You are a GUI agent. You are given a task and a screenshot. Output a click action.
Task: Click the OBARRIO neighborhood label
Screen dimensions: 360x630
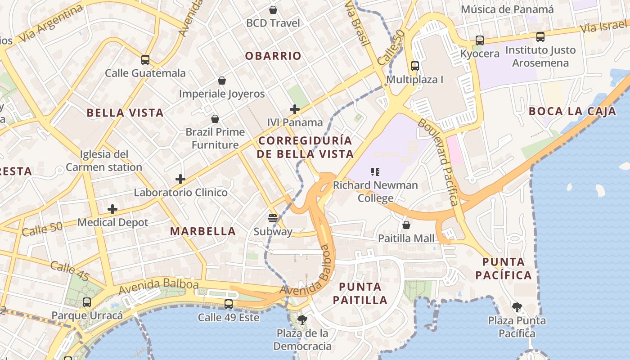(x=273, y=56)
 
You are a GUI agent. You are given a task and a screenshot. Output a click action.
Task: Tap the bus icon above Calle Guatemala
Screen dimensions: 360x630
(x=145, y=60)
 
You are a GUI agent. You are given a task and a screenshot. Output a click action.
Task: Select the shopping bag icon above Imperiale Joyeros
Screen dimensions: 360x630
(x=221, y=81)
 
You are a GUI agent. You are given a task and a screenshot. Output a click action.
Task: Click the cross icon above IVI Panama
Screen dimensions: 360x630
(x=295, y=109)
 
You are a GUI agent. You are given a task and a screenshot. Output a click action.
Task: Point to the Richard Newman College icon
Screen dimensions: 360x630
(x=375, y=171)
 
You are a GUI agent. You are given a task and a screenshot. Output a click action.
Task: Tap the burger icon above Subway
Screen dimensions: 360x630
(x=272, y=218)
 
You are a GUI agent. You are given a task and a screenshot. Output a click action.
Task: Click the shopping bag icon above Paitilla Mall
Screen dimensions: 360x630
(x=406, y=225)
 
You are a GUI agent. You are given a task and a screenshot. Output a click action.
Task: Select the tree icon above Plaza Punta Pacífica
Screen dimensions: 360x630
(x=517, y=307)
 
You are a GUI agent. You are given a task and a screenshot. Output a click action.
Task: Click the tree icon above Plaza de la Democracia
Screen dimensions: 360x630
(x=302, y=320)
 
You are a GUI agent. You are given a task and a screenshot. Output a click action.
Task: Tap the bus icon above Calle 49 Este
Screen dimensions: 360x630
(x=229, y=304)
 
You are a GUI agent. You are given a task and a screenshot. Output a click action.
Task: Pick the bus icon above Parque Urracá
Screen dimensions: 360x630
(x=87, y=302)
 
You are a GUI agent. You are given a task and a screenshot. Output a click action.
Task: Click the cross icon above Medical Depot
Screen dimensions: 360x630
(x=112, y=209)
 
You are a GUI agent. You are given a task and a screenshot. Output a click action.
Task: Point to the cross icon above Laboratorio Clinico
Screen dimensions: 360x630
(x=180, y=179)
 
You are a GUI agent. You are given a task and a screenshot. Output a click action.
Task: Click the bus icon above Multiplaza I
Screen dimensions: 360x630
(x=415, y=66)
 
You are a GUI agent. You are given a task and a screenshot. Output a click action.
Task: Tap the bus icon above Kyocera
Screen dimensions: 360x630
(x=480, y=40)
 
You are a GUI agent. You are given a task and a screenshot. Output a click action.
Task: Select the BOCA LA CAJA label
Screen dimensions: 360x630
(x=572, y=111)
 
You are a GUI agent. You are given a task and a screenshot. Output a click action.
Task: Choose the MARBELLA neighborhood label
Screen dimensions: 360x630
(x=202, y=231)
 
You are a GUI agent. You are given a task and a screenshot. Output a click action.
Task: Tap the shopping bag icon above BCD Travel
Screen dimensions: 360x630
(x=273, y=10)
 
